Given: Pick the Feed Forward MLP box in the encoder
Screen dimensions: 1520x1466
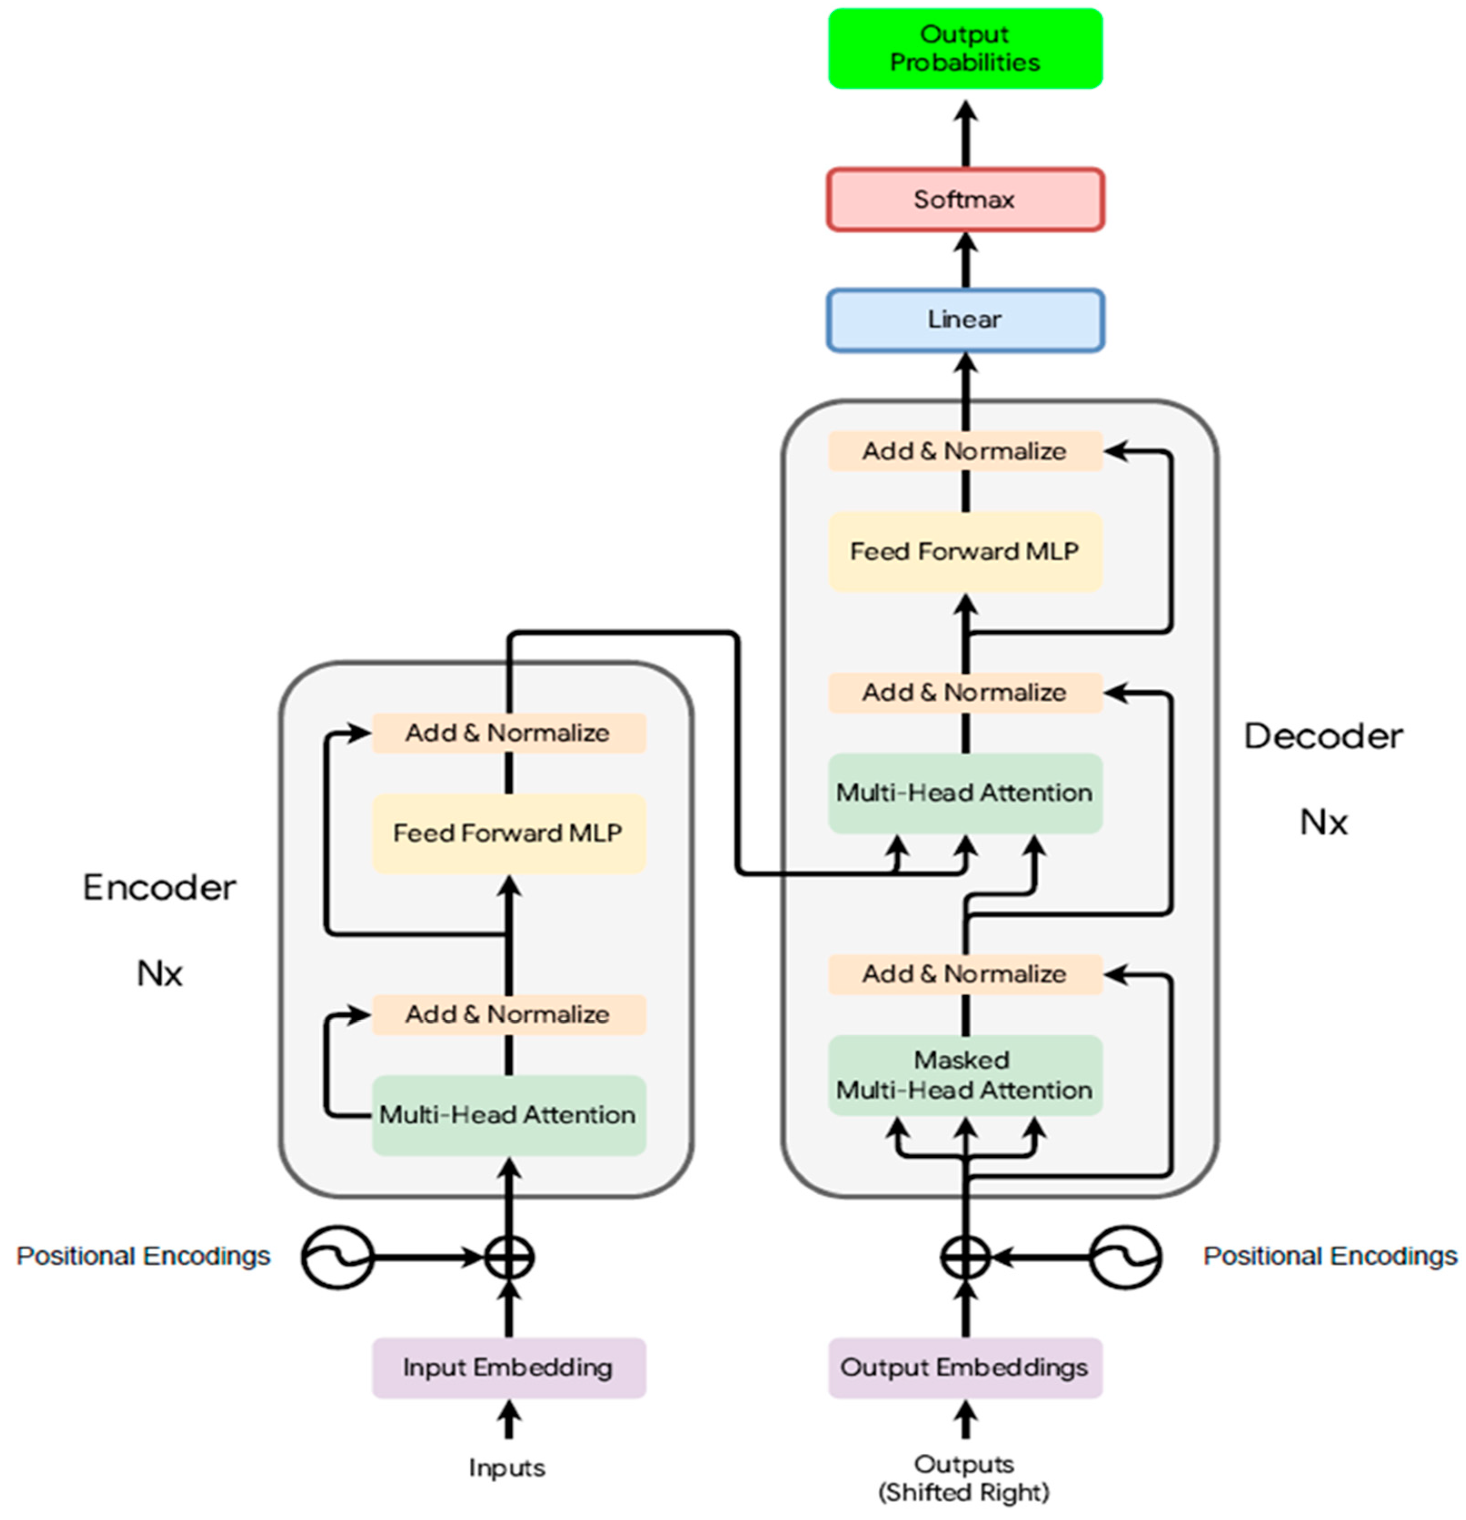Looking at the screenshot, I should coord(508,833).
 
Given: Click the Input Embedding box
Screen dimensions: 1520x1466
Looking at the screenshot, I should coord(508,1367).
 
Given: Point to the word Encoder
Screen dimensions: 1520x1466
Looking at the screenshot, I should coord(159,888).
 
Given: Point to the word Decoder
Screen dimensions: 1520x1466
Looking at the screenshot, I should coord(1323,737).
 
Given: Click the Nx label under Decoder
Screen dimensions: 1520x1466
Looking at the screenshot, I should coord(1323,822).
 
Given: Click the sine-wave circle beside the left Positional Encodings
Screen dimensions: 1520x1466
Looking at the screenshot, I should coord(338,1257).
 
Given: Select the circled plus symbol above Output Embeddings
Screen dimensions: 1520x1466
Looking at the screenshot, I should coord(965,1257).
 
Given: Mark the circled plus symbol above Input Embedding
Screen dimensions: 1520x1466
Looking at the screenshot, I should coord(509,1257).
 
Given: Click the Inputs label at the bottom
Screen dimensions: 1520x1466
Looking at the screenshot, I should coord(507,1467).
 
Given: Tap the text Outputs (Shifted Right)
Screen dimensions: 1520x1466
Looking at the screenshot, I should coord(964,1478).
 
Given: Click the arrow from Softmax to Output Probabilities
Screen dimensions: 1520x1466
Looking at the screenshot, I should coord(965,132).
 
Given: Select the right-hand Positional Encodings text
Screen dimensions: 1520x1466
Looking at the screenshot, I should coord(1329,1256).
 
